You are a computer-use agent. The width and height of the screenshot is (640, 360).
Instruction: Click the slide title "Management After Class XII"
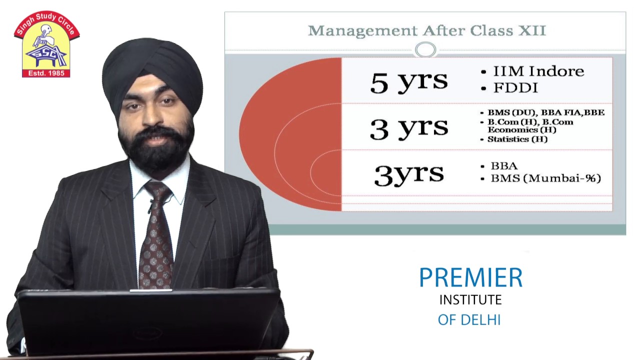pos(427,31)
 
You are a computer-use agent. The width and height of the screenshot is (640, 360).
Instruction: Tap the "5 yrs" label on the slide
pos(409,82)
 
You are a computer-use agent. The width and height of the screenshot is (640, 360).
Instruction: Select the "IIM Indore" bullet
pos(538,71)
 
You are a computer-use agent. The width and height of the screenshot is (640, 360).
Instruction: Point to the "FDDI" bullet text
pos(515,87)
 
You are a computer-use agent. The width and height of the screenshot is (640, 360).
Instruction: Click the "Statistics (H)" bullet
pos(517,139)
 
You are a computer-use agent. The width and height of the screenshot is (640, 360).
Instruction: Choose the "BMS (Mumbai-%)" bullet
pos(545,178)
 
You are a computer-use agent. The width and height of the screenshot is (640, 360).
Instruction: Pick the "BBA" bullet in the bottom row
pos(504,165)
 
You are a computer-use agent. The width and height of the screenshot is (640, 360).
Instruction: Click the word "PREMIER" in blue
pos(470,277)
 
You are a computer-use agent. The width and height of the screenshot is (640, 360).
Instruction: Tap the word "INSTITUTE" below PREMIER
pos(470,299)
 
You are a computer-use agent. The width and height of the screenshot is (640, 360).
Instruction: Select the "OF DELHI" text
pos(469,320)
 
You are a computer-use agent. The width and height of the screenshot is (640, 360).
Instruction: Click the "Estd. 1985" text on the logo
pos(46,73)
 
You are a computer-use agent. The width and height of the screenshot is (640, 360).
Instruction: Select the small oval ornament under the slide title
pos(425,49)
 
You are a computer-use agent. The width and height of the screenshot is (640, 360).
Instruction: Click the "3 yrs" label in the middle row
pos(409,128)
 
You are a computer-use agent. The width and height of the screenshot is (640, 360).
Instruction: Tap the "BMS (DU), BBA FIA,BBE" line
pos(546,112)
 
